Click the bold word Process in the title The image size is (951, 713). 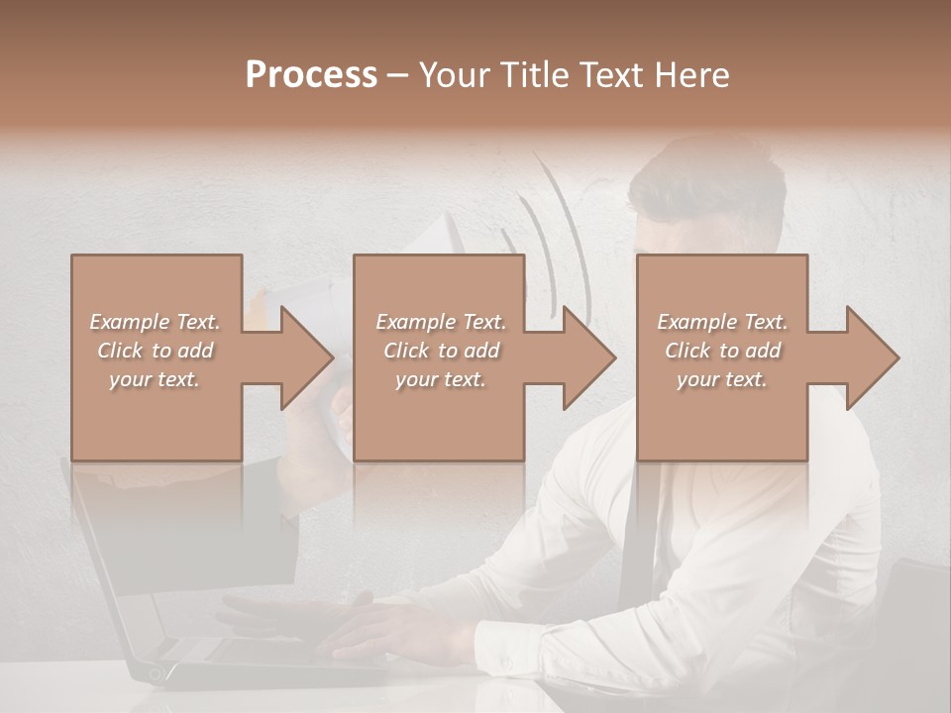(311, 74)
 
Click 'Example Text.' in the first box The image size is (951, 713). (156, 322)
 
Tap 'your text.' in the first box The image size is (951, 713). (156, 379)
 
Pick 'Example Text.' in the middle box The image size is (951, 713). (441, 322)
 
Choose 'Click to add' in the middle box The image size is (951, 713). (441, 351)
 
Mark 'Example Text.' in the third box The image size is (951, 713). (722, 322)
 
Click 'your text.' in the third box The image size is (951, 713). (722, 379)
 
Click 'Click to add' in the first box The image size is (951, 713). (156, 351)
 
